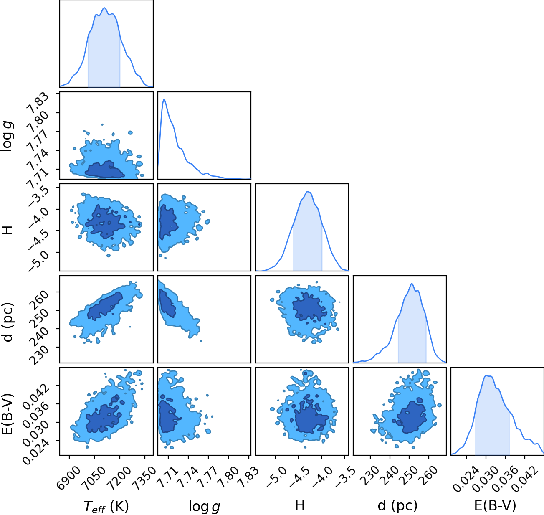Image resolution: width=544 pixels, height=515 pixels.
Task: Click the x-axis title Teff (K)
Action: click(106, 506)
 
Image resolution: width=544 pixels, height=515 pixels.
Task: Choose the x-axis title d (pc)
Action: click(397, 506)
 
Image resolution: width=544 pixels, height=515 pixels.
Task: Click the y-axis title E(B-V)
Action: click(7, 414)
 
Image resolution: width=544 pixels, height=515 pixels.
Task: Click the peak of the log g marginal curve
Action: click(164, 99)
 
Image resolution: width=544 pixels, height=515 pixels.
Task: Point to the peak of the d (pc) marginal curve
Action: click(412, 284)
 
